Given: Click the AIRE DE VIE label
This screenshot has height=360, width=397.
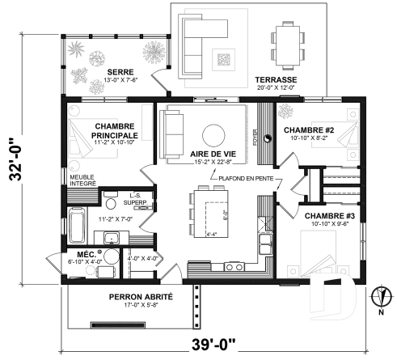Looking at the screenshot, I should pos(212,152).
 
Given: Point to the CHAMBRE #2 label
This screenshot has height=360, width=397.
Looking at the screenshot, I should pos(309,129).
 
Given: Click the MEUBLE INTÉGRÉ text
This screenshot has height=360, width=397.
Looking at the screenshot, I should pos(82,180).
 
